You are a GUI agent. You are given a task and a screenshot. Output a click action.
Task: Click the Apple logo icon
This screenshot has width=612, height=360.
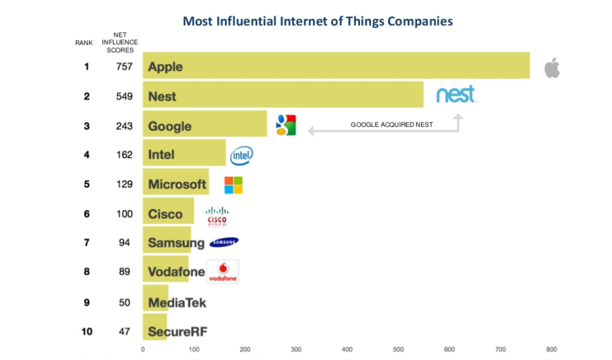[x=552, y=68]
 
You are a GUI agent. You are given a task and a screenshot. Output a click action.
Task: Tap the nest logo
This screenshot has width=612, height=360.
[x=455, y=94]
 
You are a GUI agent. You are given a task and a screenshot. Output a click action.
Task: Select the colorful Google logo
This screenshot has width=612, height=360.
[x=286, y=125]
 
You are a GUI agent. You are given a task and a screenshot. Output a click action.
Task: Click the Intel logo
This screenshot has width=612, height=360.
[x=241, y=155]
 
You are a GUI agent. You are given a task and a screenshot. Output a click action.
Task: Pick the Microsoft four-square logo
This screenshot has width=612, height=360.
[x=233, y=185]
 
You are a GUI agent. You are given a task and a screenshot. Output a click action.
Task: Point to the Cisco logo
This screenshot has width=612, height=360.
[x=217, y=215]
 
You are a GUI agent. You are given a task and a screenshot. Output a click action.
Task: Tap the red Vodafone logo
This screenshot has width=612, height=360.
[x=223, y=272]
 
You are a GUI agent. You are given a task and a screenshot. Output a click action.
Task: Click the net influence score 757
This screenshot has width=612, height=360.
[x=124, y=67]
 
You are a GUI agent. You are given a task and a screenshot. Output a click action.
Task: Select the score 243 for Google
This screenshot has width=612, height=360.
[x=124, y=126]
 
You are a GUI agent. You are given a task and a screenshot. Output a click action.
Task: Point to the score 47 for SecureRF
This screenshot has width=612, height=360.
[x=124, y=331]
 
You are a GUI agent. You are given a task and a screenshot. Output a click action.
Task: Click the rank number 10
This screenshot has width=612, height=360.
[x=87, y=331]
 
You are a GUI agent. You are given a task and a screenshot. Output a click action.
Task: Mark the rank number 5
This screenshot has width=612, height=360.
[x=87, y=185]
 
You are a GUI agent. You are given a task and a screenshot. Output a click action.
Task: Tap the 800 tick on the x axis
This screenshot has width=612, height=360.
[x=552, y=349]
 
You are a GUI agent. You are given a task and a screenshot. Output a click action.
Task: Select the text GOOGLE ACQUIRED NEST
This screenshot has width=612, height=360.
[x=392, y=125]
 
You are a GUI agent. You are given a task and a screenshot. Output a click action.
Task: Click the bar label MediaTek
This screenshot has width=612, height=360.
[x=177, y=302]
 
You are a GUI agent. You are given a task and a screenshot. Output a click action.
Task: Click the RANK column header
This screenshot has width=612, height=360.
[x=84, y=43]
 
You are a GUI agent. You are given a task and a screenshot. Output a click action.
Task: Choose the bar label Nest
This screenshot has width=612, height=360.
[x=162, y=96]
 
